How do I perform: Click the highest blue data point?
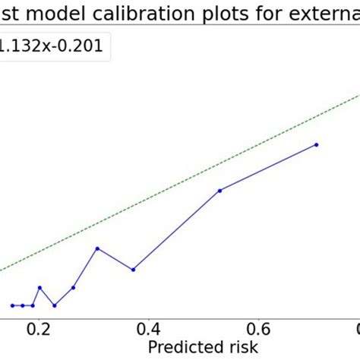pos(316,144)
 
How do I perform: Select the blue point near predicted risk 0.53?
pos(219,191)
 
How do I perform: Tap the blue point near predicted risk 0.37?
pos(133,270)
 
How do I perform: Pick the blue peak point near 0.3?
pos(97,248)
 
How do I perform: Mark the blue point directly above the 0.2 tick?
pos(39,288)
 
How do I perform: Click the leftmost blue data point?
pos(13,305)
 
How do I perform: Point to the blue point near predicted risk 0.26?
pos(73,287)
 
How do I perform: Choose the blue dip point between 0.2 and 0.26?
pos(54,305)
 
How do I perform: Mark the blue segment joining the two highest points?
pos(267,168)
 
